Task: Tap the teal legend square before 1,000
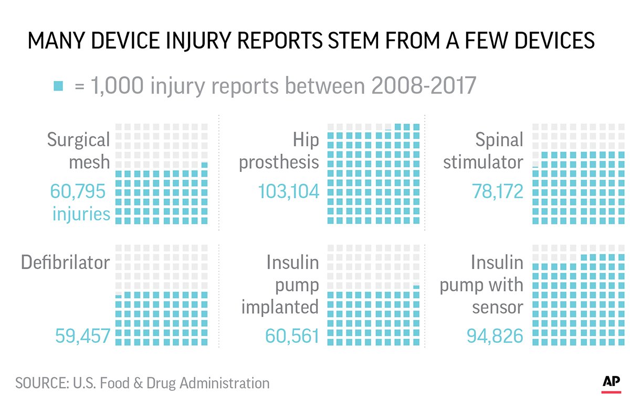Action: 58,86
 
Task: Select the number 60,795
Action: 78,191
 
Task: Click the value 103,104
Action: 288,191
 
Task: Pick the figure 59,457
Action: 82,335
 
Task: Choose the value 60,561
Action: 292,335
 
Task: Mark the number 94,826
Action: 495,335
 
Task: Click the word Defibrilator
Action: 65,262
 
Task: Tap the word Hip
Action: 306,140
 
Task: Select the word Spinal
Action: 499,140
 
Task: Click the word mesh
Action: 89,163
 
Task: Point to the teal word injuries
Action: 81,214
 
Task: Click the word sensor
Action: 497,307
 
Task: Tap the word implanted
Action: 280,308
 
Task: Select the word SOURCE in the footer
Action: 39,383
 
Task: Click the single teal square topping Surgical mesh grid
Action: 204,165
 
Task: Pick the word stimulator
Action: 483,163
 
